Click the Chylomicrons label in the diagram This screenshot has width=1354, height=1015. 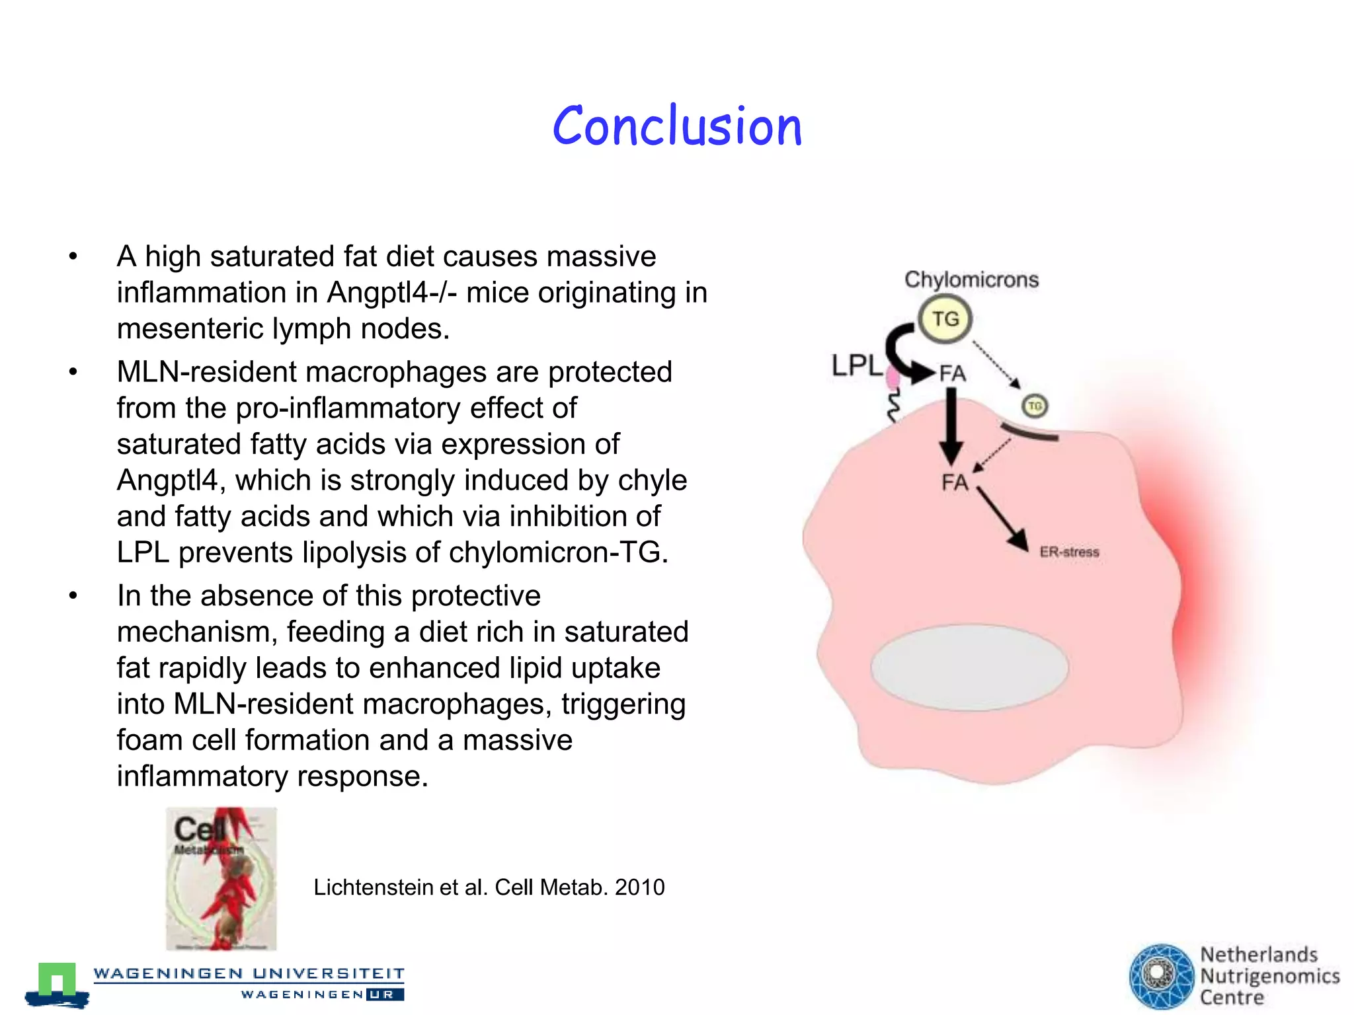point(971,280)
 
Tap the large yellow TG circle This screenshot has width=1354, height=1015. point(945,319)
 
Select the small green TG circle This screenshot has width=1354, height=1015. point(1035,406)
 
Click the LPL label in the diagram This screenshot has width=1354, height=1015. point(856,365)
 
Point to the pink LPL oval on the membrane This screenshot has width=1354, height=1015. point(893,378)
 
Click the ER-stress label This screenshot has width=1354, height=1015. point(1069,552)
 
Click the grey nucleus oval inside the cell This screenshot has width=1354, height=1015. point(969,667)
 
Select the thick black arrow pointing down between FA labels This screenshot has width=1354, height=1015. point(951,426)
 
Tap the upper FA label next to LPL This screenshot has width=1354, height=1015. point(953,373)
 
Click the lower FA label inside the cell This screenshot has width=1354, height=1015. point(955,482)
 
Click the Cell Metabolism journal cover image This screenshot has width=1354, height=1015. point(221,878)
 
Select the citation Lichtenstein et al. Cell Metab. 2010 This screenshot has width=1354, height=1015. point(489,887)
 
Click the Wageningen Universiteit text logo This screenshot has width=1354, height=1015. point(249,973)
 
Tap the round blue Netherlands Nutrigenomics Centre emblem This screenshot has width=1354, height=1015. point(1160,976)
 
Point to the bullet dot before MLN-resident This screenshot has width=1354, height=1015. point(73,372)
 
